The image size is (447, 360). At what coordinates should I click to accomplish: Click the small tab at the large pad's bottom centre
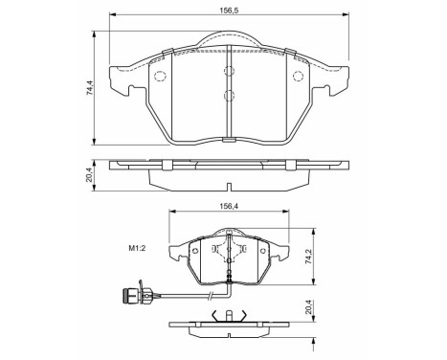228,141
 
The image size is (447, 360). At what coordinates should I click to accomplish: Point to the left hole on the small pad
194,253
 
